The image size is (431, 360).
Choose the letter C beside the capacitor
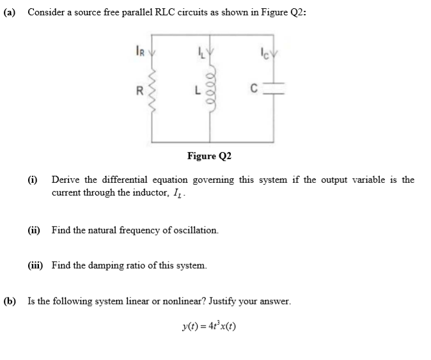click(x=254, y=90)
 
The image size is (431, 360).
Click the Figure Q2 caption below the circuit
click(x=209, y=155)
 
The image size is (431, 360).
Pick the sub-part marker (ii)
click(x=35, y=229)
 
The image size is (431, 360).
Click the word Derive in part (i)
click(x=67, y=180)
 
